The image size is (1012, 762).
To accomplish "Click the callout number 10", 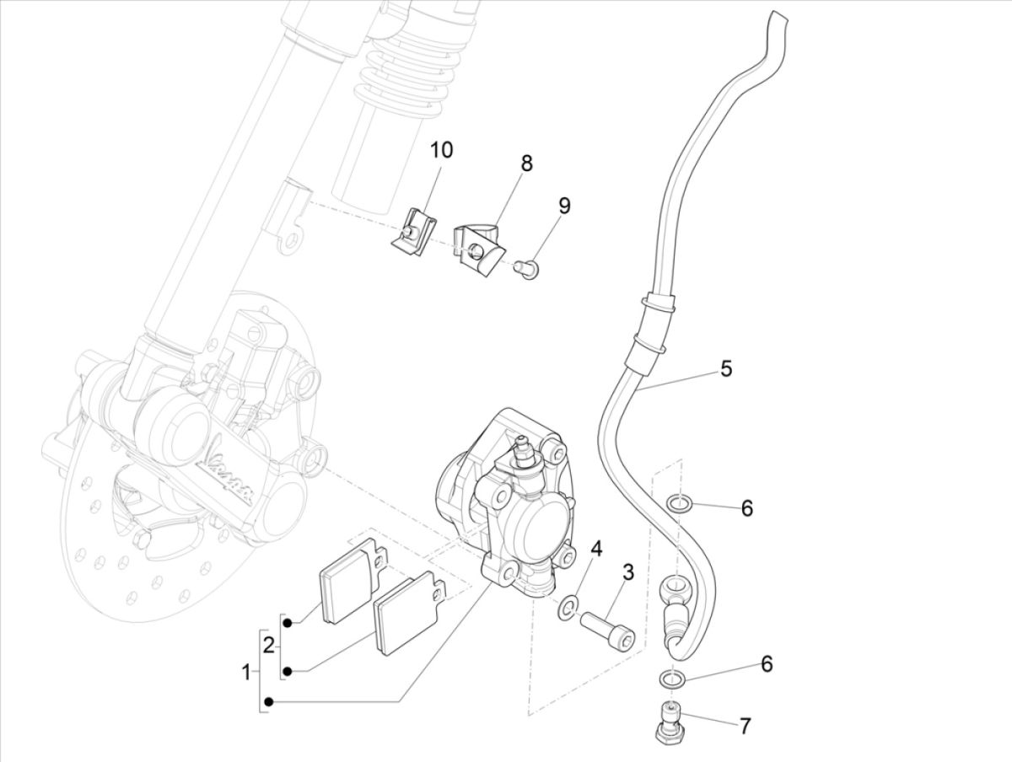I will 441,151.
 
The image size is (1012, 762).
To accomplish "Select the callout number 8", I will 526,163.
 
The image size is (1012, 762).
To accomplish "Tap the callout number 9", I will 564,206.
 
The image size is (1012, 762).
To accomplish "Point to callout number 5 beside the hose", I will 725,368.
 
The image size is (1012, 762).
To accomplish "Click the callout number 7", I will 745,726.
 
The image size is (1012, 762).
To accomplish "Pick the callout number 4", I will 596,549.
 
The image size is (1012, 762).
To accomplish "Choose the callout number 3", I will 628,573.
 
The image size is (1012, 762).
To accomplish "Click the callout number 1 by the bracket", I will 246,673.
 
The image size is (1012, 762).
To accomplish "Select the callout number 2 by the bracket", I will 269,647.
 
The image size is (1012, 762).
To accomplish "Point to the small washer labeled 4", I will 568,606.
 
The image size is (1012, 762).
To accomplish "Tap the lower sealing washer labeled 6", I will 670,678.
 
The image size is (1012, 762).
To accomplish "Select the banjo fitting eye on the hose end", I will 676,584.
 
